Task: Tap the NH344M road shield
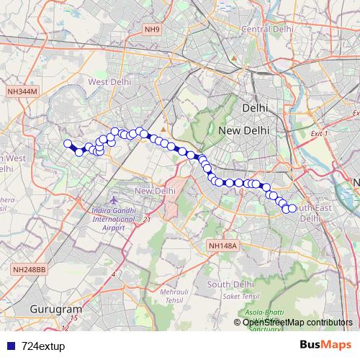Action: point(22,91)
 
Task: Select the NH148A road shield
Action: point(222,246)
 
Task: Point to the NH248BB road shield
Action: point(29,269)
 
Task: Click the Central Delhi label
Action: point(268,29)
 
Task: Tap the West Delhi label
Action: point(109,82)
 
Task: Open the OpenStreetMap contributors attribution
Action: point(297,322)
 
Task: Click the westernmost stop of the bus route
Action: point(68,143)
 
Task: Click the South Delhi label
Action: point(229,284)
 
